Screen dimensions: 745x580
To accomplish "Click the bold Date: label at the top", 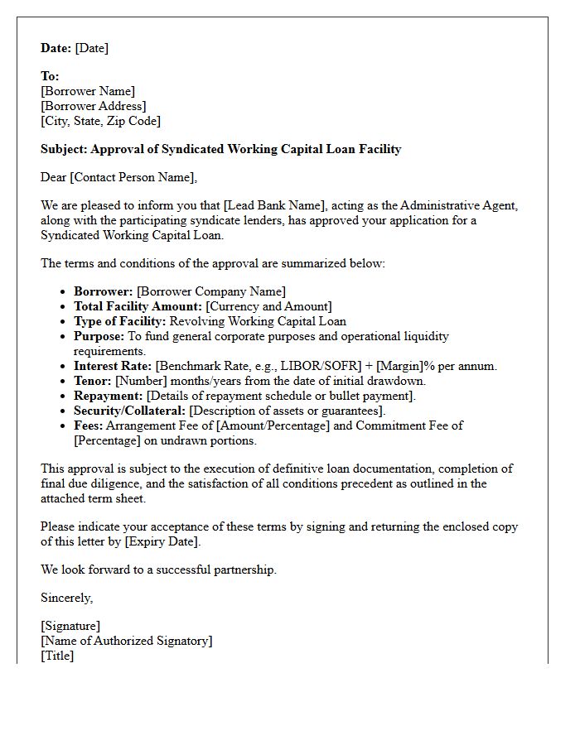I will tap(56, 48).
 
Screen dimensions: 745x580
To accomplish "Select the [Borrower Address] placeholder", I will tap(93, 106).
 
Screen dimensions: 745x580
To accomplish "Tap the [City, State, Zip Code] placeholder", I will tap(100, 121).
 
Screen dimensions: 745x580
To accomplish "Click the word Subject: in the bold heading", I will tap(64, 150).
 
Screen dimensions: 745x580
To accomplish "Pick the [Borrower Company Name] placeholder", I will tap(210, 291).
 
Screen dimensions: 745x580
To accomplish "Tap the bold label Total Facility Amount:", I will tap(138, 306).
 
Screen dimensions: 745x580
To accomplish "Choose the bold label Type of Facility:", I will tap(120, 321).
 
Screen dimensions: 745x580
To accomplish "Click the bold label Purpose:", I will tap(99, 336).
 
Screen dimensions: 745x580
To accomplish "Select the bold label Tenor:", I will tap(93, 381).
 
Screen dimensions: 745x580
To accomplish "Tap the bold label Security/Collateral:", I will tap(130, 411).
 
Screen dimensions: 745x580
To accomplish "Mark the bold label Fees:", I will tap(89, 425).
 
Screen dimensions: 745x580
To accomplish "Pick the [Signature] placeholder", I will tap(70, 627).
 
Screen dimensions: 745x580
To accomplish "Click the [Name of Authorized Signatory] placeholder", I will tap(126, 641).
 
